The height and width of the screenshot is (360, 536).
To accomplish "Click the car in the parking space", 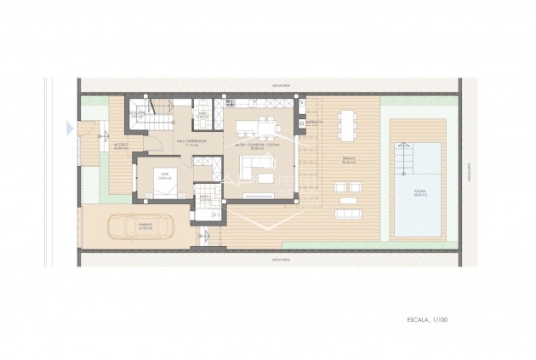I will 140,227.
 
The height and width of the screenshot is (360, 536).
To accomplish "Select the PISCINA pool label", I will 419,192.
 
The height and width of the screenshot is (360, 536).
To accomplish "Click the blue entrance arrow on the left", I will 69,129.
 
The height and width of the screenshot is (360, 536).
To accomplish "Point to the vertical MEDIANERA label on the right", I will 457,169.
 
